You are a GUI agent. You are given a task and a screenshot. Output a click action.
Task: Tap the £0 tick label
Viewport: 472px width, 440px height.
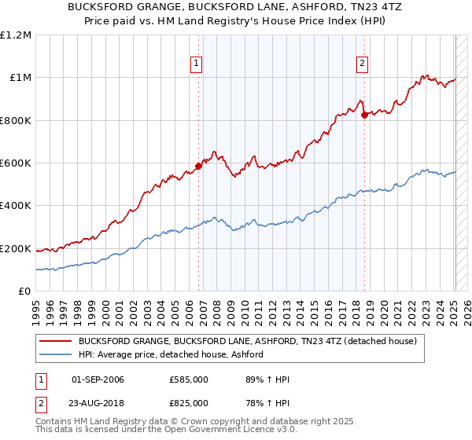click(x=24, y=291)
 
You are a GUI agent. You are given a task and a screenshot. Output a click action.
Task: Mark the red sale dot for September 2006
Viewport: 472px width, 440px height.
click(x=198, y=167)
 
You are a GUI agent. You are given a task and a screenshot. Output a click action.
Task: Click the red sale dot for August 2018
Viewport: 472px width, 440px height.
click(x=364, y=115)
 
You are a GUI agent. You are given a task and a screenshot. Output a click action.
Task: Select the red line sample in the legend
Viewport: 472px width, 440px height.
click(x=56, y=342)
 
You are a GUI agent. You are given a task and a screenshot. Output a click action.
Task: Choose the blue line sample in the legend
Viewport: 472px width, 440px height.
click(x=56, y=355)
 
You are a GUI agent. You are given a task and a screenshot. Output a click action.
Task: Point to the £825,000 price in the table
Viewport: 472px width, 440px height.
click(x=189, y=403)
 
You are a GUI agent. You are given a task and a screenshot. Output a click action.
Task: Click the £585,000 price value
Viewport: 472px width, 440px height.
click(x=189, y=379)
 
